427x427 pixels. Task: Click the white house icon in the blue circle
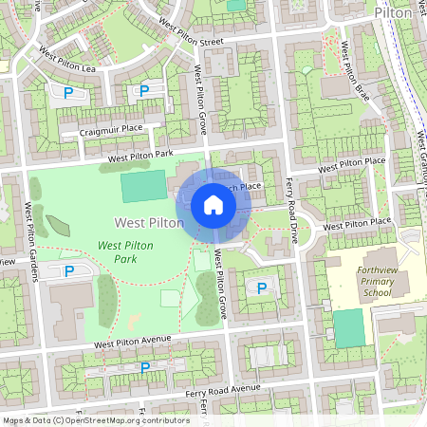[x=213, y=205]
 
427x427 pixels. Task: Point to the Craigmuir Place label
[x=111, y=129]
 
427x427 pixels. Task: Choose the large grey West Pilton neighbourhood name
[x=149, y=222]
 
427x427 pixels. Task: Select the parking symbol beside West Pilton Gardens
[x=68, y=272]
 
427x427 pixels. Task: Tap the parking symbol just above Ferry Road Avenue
[x=144, y=366]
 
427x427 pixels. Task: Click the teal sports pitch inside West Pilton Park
[x=141, y=186]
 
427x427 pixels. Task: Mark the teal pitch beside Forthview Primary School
[x=348, y=327]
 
